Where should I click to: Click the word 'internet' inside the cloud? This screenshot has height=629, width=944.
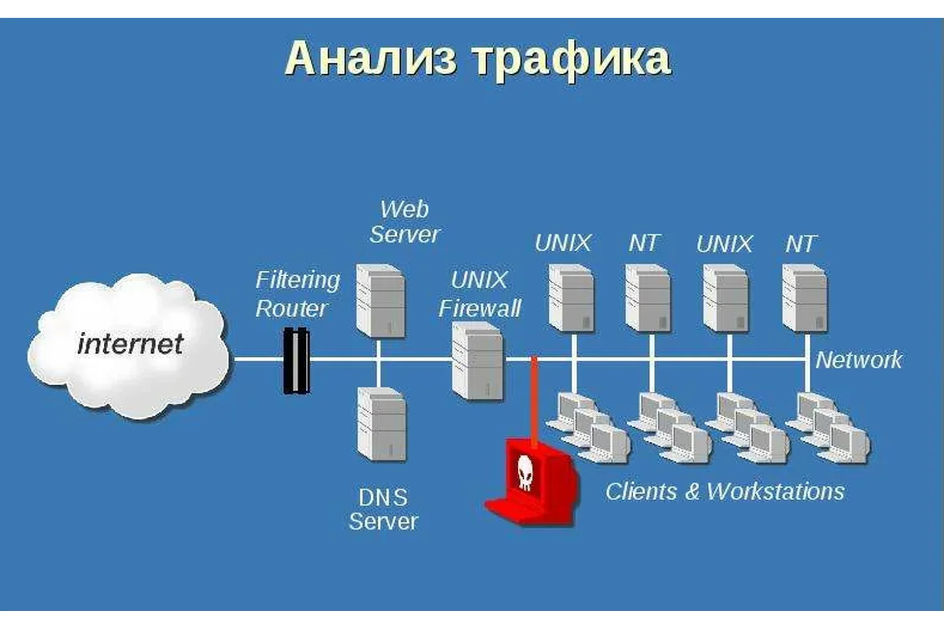coord(130,344)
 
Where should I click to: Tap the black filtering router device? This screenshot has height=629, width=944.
coord(296,361)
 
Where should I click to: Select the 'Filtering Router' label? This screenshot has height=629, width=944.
coord(297,294)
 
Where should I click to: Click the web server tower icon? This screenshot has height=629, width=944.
coord(381,301)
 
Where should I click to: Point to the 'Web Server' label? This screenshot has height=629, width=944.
coord(404,222)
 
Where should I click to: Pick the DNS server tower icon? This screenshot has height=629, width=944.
coord(382,424)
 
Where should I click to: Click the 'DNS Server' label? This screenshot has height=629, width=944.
coord(383,510)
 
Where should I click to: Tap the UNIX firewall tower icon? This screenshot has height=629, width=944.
coord(478,361)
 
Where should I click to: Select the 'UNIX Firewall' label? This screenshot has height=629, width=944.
coord(479,294)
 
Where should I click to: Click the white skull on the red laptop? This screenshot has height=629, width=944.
coord(525,472)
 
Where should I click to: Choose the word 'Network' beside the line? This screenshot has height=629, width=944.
coord(858,360)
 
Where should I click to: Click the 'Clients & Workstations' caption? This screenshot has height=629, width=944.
coord(725,491)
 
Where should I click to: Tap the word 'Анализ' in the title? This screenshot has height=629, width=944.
coord(371,58)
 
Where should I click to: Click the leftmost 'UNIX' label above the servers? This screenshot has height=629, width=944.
coord(563,243)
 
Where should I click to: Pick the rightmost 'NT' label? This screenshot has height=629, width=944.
coord(801,244)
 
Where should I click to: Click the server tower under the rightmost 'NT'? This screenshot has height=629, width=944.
coord(805,298)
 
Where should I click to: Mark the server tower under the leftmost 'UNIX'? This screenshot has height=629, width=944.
coord(571,298)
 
